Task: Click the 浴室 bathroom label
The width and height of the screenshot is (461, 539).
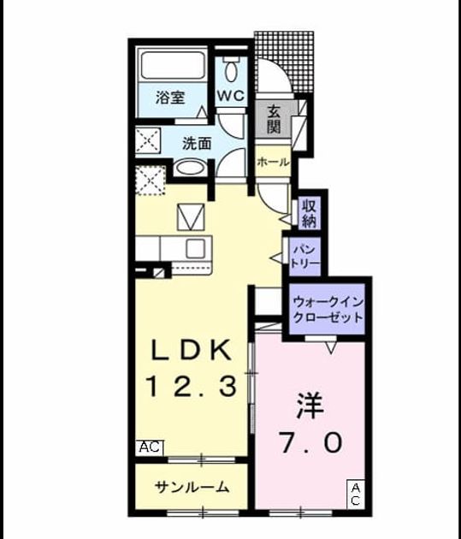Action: pos(170,98)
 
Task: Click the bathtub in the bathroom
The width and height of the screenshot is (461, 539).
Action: pos(173,66)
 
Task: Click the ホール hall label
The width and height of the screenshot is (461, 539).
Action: pos(273,162)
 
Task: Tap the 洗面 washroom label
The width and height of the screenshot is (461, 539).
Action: pos(197,144)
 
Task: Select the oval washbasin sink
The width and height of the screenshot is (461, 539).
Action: pos(190,169)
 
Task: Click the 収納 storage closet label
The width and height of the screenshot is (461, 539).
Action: pos(309,213)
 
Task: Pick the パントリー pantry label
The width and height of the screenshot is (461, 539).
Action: pos(305,257)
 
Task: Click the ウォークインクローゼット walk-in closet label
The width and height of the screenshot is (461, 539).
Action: pos(328,310)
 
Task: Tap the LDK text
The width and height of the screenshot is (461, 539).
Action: pos(192,351)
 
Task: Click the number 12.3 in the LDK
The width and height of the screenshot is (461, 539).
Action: pos(192,387)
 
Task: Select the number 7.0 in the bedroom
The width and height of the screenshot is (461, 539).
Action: pos(311,442)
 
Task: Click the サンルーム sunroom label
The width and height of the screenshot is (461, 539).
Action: pos(192,487)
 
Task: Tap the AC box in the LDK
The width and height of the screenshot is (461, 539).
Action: pos(150,447)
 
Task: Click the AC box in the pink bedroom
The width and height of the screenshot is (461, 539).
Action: pos(356,495)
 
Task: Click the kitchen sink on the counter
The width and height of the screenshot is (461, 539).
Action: pos(195,248)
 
